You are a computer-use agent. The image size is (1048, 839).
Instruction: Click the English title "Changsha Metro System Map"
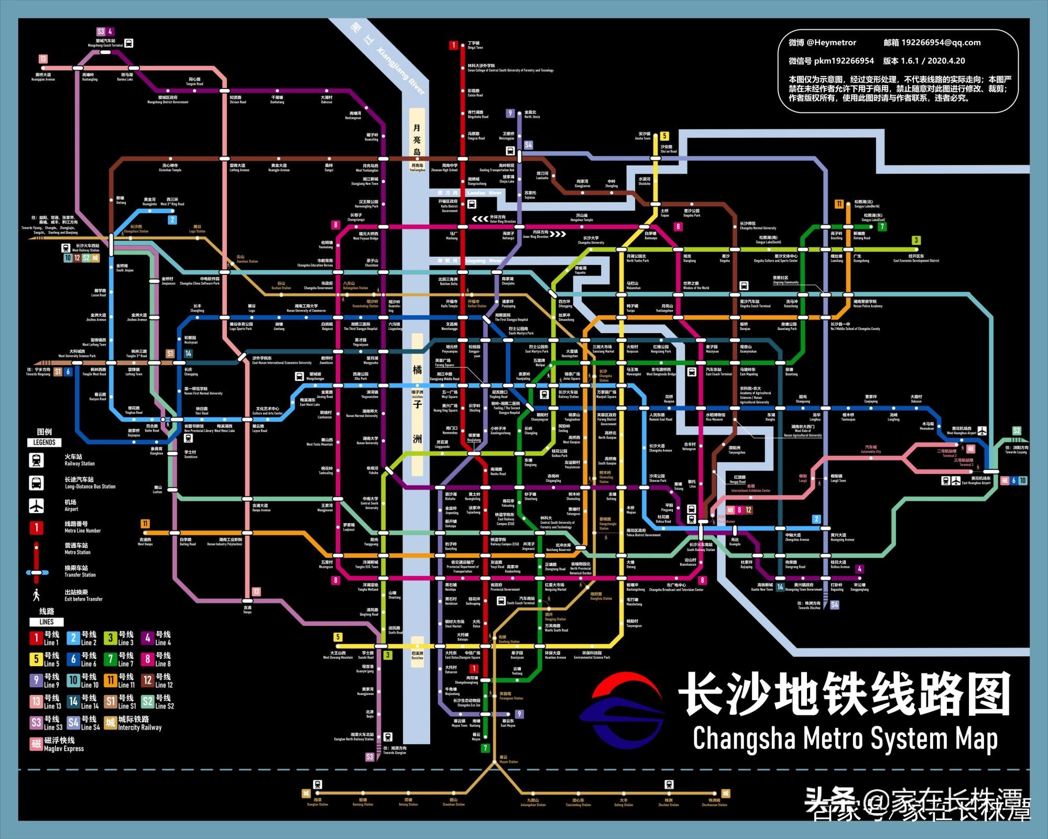pos(845,739)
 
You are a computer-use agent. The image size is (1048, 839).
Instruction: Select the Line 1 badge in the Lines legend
pos(36,638)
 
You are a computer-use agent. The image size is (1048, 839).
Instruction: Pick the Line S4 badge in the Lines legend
pos(73,723)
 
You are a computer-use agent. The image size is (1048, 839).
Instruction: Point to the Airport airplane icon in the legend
pos(36,505)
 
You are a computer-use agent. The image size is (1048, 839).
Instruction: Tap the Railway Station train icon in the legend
pos(36,460)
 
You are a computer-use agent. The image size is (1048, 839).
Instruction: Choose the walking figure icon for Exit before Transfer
pos(36,595)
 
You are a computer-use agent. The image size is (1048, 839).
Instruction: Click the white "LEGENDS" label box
pos(44,443)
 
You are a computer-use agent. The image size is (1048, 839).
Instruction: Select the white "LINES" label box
pos(46,622)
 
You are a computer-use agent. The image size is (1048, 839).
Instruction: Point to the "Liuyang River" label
pos(484,260)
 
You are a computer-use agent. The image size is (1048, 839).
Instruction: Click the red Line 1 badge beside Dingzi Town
pos(454,45)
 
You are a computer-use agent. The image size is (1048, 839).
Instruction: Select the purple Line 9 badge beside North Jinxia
pos(510,113)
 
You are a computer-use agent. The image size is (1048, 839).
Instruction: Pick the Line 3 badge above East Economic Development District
pos(916,240)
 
